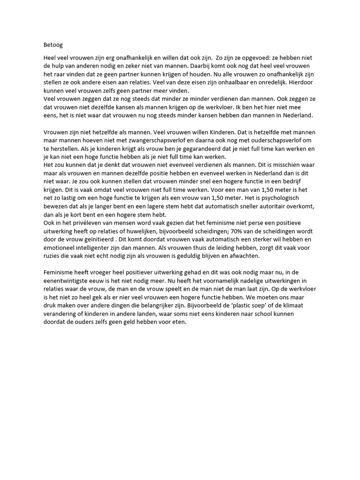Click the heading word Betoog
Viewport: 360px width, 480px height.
coord(52,45)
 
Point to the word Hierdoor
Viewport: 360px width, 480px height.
coord(300,81)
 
